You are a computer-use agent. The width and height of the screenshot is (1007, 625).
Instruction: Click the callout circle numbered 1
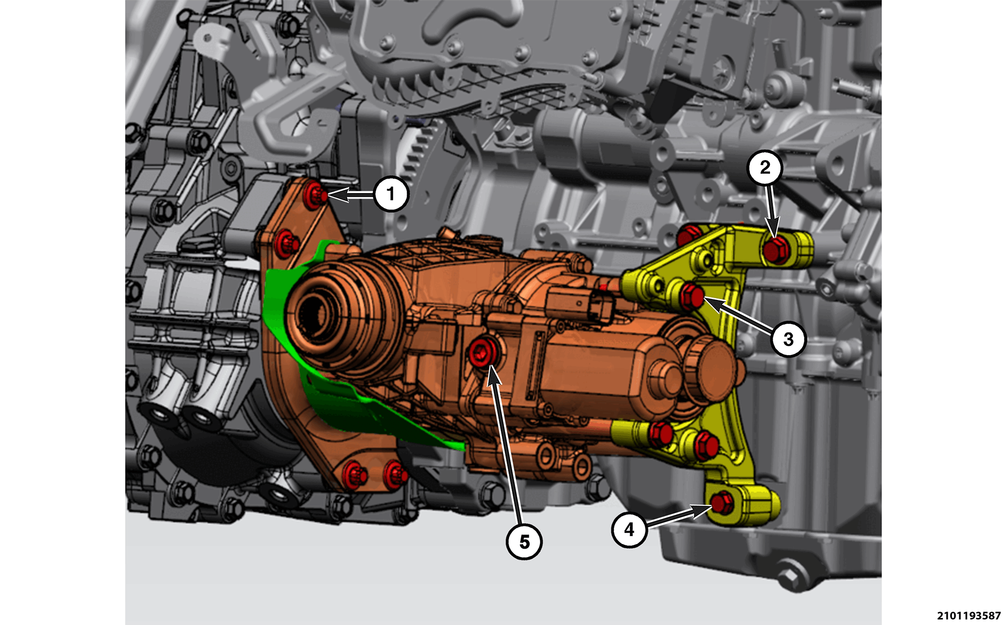(x=391, y=194)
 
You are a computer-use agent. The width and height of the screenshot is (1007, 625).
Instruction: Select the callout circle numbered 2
(x=765, y=168)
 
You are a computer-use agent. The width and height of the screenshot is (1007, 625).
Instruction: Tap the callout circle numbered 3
(x=788, y=339)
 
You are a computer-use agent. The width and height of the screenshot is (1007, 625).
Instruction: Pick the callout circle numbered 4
(x=629, y=529)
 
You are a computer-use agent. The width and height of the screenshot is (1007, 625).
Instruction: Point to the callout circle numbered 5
(x=524, y=542)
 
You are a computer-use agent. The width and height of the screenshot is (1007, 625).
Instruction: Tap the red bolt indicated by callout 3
(x=692, y=295)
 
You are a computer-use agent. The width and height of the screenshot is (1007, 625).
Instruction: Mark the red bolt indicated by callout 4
(x=721, y=503)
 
